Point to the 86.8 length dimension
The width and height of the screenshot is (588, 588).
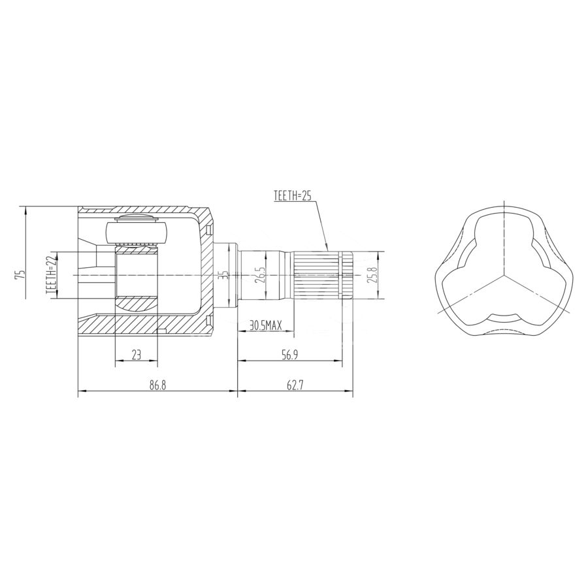coord(157,385)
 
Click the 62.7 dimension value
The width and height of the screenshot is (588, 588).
coord(295,385)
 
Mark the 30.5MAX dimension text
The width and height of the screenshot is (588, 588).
coord(265,323)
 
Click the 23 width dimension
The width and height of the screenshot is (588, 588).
coord(136,355)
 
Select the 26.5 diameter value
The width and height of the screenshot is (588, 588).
coord(261,275)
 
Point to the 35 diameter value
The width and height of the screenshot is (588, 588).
coord(223,275)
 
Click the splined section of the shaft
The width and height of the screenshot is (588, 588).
coord(316,275)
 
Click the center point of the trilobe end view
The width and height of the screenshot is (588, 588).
coord(502,275)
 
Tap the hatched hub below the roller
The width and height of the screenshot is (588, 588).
coord(137,304)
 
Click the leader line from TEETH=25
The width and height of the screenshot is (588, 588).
coord(320,222)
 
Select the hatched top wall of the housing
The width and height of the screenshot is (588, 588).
coord(144,210)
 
